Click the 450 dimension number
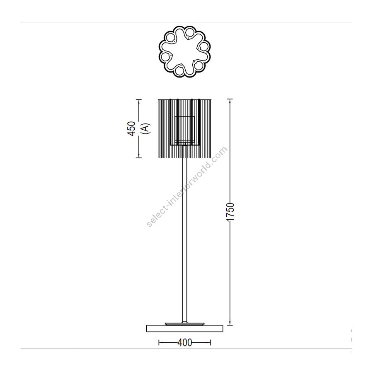coord(131,129)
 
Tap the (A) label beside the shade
coord(145,129)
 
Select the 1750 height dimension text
coord(230,212)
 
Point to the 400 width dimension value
coord(184,343)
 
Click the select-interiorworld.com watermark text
coord(187,187)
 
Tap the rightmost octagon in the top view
coord(203,46)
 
